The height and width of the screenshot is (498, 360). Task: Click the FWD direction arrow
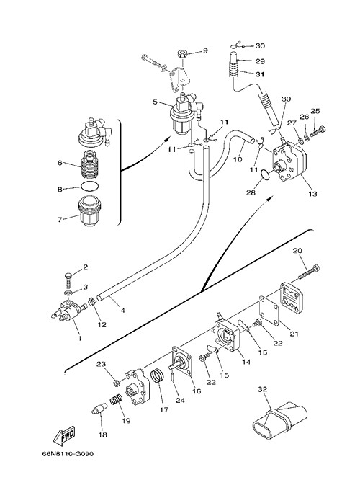64,435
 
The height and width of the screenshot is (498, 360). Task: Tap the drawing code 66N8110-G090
68,454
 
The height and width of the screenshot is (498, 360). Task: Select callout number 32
262,389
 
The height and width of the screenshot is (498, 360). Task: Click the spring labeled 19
117,399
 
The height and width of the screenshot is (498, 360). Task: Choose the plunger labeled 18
98,409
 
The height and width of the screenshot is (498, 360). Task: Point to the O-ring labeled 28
265,174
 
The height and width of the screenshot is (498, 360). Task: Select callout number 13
312,194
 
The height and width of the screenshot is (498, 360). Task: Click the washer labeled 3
68,292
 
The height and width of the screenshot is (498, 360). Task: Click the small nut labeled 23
116,383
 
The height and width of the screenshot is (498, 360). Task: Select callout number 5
155,102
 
